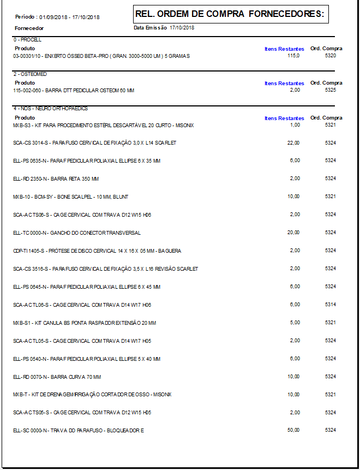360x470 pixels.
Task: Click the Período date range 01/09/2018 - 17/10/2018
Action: pyautogui.click(x=69, y=17)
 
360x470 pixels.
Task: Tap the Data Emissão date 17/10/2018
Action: pyautogui.click(x=182, y=27)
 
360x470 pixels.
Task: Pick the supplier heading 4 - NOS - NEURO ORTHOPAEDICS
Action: pyautogui.click(x=50, y=109)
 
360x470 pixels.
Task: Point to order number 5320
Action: pyautogui.click(x=330, y=56)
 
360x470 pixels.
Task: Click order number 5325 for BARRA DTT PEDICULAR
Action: pyautogui.click(x=330, y=90)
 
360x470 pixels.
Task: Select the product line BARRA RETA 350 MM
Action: pyautogui.click(x=56, y=179)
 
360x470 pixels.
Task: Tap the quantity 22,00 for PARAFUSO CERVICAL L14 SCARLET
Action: pyautogui.click(x=293, y=142)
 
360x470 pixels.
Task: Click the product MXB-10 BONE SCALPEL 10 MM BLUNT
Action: pyautogui.click(x=70, y=197)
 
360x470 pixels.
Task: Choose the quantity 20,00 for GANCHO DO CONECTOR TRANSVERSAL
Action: pyautogui.click(x=293, y=233)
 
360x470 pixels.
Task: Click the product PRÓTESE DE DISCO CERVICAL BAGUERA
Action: pyautogui.click(x=97, y=251)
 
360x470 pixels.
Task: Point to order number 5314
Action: pyautogui.click(x=330, y=305)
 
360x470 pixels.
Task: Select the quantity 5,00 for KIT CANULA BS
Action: pyautogui.click(x=295, y=323)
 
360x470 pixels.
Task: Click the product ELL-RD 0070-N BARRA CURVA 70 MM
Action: pyautogui.click(x=57, y=377)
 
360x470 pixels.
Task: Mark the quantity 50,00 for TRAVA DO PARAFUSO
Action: pyautogui.click(x=293, y=431)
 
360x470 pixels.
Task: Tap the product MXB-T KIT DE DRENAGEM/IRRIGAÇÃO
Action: pyautogui.click(x=92, y=395)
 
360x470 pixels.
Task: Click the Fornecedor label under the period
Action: pyautogui.click(x=29, y=28)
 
